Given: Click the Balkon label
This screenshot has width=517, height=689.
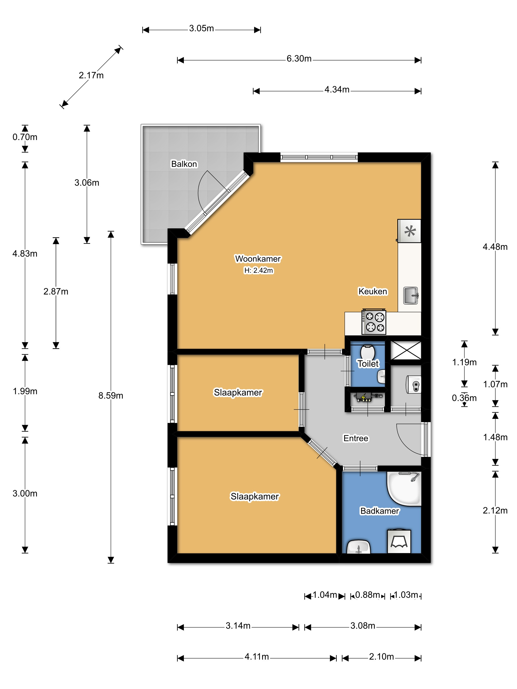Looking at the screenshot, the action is [x=184, y=164].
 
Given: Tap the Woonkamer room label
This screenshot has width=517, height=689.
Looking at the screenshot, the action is [x=258, y=259].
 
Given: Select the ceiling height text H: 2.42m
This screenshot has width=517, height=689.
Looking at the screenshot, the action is [x=258, y=270].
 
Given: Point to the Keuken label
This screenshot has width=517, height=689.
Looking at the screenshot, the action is [x=373, y=291].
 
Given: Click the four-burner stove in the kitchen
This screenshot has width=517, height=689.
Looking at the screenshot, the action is [x=374, y=322].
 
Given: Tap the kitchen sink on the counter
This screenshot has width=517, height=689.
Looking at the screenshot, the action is [x=411, y=295].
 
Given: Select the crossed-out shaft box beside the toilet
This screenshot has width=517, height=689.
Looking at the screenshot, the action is [x=406, y=350].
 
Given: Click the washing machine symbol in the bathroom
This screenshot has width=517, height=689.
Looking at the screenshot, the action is [x=399, y=542].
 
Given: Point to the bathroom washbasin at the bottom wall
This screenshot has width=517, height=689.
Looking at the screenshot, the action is [x=358, y=547].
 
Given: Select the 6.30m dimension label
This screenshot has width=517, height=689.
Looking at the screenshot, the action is [x=299, y=59].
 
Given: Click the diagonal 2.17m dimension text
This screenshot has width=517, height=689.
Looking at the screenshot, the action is [x=91, y=75].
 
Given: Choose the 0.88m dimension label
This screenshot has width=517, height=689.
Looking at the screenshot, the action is [x=367, y=595].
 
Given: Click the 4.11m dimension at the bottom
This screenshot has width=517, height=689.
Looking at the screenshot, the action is [x=257, y=657].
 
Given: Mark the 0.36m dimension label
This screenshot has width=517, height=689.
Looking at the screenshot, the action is [x=464, y=398].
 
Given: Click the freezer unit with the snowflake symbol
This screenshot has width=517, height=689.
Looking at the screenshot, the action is [x=409, y=231].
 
